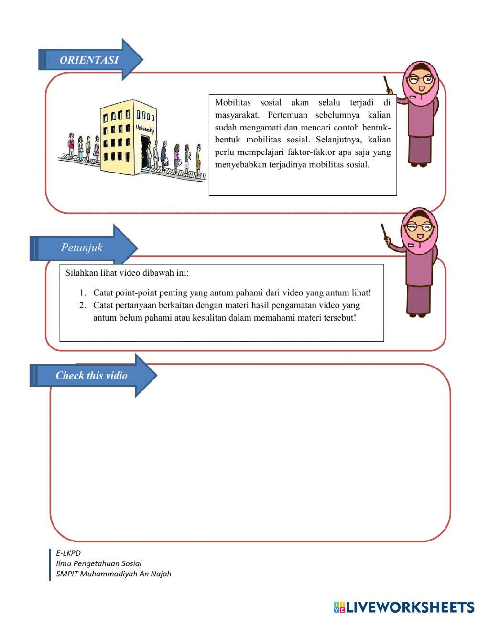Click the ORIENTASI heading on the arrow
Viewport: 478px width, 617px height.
[89, 60]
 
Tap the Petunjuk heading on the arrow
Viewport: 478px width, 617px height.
[82, 248]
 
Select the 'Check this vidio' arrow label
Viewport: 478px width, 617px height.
[91, 376]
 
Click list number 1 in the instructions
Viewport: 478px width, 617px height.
[83, 293]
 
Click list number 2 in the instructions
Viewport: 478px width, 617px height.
[83, 305]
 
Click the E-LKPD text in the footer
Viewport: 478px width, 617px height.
[68, 553]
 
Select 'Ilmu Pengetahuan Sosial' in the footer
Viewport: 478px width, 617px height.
[98, 563]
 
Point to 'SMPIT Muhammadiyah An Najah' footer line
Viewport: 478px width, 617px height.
[113, 574]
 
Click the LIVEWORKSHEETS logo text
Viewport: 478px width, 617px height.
[409, 607]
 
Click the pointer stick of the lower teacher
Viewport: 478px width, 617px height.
[385, 235]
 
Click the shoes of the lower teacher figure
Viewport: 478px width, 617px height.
[417, 314]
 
